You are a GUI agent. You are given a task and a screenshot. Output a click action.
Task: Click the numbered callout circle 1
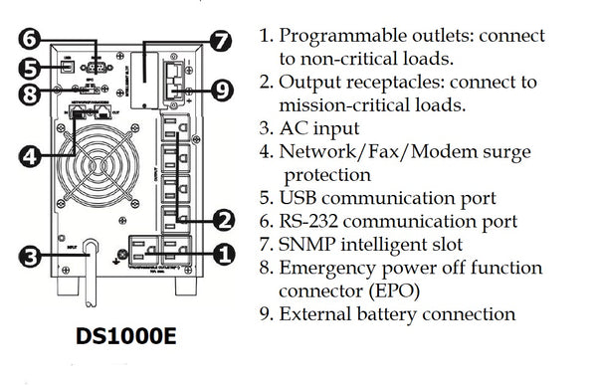coord(224,253)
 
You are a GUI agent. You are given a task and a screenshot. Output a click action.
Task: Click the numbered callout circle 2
coord(224,218)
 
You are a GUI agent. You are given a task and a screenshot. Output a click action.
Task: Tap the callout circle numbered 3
coord(32,258)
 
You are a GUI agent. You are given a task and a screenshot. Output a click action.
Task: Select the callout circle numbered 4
coord(32,155)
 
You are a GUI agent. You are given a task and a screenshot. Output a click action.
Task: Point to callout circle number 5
coord(32,69)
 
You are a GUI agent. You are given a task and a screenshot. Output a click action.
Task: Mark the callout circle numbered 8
coord(32,96)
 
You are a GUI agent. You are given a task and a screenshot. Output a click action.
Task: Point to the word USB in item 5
coord(304,197)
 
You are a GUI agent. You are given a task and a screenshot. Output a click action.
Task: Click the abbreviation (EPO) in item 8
coord(384,290)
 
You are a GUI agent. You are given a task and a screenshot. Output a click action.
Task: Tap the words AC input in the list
coord(321,128)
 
